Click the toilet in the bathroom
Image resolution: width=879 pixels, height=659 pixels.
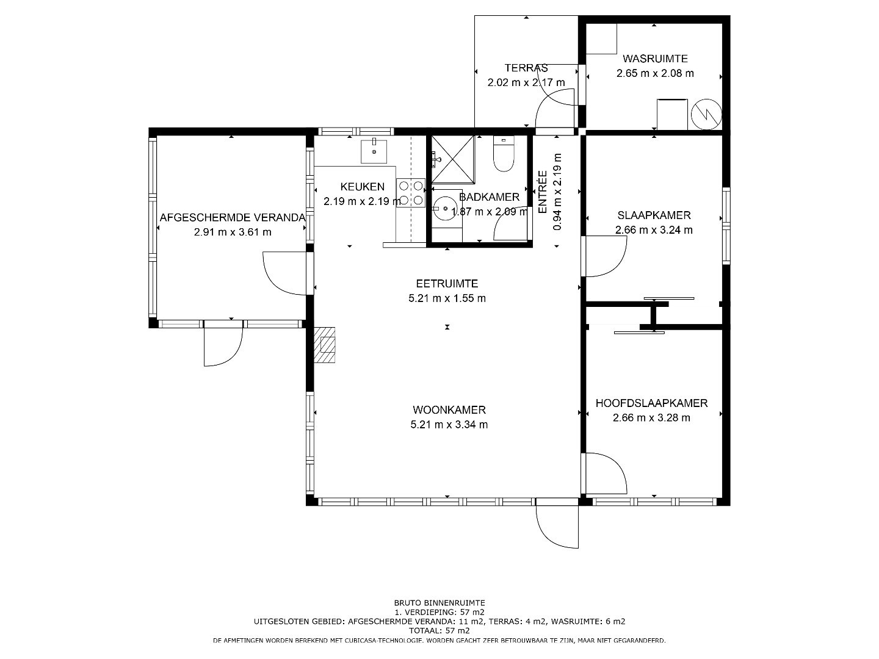coord(504,154)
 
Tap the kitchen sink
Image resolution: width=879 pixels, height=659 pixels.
coord(374,152)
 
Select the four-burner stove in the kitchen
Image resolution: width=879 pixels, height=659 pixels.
coord(410,192)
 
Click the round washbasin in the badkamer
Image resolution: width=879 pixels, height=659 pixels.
coord(445,209)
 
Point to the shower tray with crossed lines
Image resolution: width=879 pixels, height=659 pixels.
coord(452,159)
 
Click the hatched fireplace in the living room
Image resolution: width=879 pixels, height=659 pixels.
coord(324,345)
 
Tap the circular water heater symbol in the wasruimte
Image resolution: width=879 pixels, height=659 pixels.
coord(706,114)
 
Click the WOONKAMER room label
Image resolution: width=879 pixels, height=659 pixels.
coord(449,409)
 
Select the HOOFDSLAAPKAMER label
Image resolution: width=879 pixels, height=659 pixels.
coord(651,403)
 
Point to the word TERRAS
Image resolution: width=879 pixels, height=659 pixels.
coord(526,68)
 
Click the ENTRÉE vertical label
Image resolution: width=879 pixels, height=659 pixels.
coord(543,192)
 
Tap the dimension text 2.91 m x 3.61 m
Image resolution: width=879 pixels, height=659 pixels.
coord(233,232)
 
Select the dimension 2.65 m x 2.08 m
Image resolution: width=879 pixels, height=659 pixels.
coord(655,73)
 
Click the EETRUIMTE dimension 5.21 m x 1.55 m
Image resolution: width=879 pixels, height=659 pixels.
coord(447,298)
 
